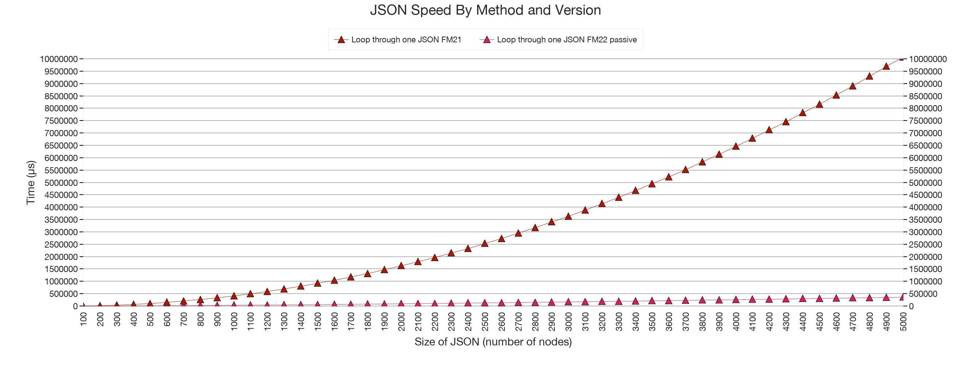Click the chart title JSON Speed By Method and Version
click(485, 10)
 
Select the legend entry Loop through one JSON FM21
click(406, 39)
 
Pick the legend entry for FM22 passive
click(567, 39)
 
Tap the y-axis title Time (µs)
click(31, 183)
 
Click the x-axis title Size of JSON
click(493, 342)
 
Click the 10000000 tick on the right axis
click(928, 59)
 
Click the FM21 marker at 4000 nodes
click(736, 146)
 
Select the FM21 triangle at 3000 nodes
click(568, 216)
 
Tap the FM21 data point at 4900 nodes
click(886, 66)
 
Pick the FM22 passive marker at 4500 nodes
click(820, 298)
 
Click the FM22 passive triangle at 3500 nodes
click(652, 301)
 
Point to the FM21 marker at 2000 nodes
click(401, 265)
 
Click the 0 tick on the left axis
click(76, 307)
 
